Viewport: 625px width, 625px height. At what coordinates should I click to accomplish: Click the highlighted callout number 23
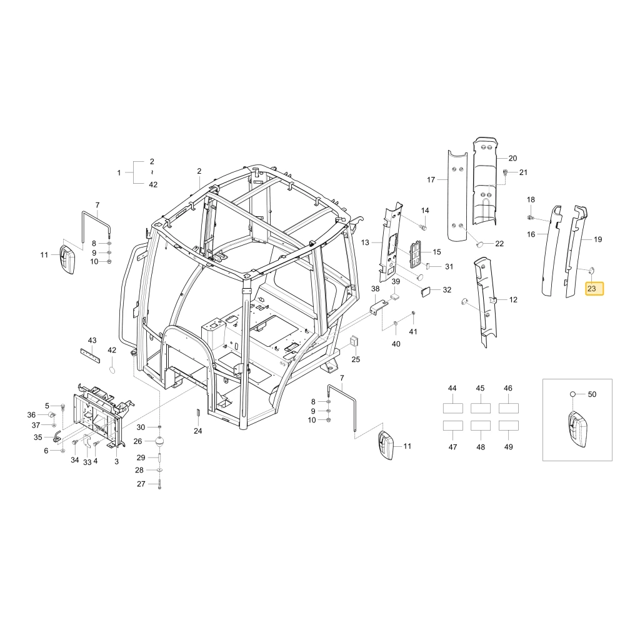591,288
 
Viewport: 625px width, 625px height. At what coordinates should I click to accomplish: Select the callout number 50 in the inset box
592,394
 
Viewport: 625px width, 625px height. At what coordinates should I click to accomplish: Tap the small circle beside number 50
572,394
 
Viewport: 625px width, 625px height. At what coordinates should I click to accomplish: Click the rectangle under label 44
452,408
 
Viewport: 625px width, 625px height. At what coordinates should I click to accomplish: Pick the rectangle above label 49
509,425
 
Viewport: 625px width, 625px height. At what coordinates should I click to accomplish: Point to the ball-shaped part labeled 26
159,442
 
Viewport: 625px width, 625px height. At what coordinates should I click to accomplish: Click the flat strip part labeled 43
92,352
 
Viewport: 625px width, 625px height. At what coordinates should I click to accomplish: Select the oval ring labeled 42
112,370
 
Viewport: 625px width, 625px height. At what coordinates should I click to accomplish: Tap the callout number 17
431,180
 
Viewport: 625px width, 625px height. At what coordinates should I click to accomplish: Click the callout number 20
512,158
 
